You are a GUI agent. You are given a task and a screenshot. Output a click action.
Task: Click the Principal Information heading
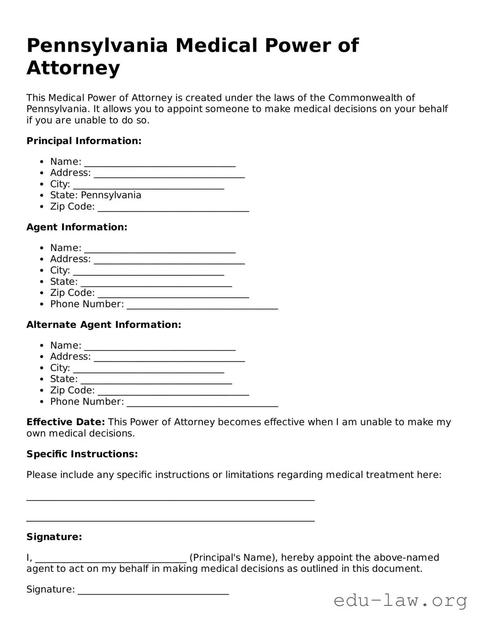(x=84, y=141)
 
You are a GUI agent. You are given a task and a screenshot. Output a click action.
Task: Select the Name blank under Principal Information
(x=160, y=163)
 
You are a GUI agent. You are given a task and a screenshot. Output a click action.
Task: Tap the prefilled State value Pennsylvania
(x=111, y=195)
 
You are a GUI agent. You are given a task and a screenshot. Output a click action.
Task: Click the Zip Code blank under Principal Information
(x=173, y=208)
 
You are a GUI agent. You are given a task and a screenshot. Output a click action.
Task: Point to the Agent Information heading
(x=77, y=227)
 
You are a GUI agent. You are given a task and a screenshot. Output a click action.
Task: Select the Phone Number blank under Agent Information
(x=202, y=306)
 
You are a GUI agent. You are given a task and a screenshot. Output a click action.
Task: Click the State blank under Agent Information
(x=156, y=283)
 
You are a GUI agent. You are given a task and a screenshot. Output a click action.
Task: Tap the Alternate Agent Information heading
(x=104, y=325)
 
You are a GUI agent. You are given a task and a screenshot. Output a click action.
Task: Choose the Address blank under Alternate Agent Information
(x=169, y=358)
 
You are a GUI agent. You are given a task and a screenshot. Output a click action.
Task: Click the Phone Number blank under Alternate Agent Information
(x=202, y=403)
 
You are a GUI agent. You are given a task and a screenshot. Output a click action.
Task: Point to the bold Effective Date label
(x=65, y=422)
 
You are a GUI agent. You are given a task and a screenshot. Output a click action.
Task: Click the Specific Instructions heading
(x=82, y=454)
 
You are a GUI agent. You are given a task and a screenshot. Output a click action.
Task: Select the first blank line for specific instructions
(x=170, y=499)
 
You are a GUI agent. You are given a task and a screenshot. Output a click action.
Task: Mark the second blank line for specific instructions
(x=170, y=519)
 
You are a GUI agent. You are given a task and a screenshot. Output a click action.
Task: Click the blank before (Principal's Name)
(x=111, y=559)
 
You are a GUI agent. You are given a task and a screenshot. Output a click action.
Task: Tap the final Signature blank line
(x=153, y=591)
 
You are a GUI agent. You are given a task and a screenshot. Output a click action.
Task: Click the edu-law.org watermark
(x=400, y=600)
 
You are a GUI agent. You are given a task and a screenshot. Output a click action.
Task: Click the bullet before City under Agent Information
(x=42, y=271)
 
